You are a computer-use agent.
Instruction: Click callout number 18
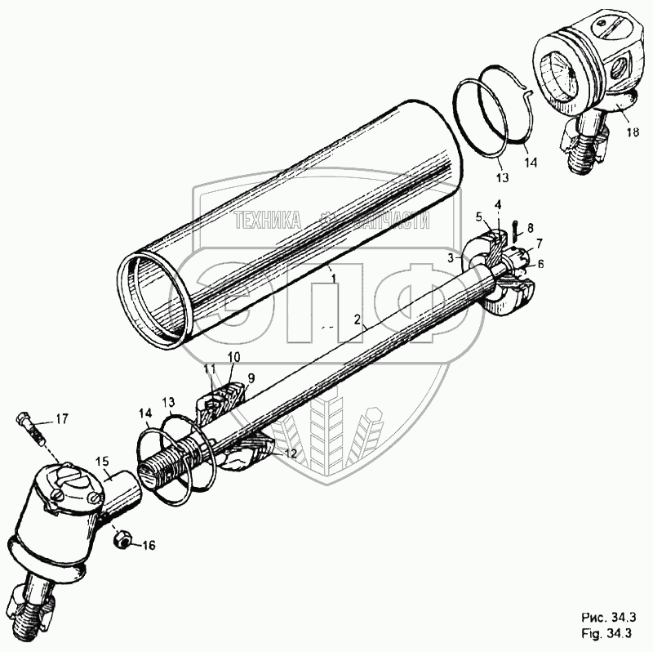pos(632,132)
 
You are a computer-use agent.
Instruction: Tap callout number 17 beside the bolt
pos(62,418)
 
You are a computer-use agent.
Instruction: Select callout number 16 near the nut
pos(149,545)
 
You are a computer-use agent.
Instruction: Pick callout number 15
pos(102,462)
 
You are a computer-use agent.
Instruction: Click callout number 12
pos(291,453)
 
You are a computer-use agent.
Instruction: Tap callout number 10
pos(234,357)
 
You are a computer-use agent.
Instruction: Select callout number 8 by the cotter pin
pos(530,228)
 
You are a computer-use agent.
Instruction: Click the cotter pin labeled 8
pos(515,230)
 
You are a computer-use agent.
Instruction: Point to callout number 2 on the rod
pos(357,319)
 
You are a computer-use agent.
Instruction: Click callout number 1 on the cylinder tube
pos(333,277)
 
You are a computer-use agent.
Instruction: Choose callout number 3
pos(451,258)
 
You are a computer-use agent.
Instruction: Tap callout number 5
pos(479,217)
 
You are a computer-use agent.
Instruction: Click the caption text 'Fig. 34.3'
pos(606,634)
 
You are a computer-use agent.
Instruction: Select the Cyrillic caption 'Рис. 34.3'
pos(608,618)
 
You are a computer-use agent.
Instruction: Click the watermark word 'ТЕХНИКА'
pos(268,220)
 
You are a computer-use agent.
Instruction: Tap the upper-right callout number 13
pos(502,177)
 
